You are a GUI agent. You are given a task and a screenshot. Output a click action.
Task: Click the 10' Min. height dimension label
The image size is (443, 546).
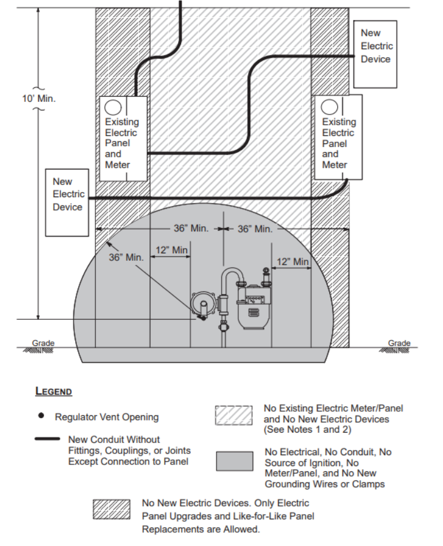click(x=39, y=98)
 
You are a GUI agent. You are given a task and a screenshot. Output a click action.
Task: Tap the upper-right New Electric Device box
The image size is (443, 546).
click(x=376, y=54)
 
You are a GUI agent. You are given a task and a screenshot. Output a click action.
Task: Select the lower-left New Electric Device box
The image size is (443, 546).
click(x=68, y=202)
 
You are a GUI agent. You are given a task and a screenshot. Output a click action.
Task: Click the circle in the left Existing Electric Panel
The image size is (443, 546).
click(x=113, y=107)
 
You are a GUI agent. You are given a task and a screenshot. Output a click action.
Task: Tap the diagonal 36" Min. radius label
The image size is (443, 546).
click(x=126, y=257)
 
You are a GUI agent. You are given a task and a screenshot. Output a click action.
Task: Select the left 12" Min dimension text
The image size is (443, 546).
click(x=172, y=250)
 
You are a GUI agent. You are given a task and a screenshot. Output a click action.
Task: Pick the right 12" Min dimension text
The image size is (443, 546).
click(x=293, y=261)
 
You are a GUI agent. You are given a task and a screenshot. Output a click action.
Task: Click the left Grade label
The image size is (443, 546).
click(x=43, y=343)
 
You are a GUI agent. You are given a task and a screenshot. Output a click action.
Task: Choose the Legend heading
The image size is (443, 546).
click(x=54, y=392)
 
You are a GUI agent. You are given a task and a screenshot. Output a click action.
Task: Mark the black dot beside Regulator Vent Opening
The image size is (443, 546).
click(x=42, y=416)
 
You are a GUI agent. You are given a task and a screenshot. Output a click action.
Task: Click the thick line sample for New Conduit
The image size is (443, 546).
click(x=47, y=439)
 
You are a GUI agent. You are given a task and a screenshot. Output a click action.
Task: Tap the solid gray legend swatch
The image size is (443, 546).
click(x=234, y=460)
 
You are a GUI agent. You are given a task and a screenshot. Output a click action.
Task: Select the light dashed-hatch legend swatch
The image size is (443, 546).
click(x=234, y=415)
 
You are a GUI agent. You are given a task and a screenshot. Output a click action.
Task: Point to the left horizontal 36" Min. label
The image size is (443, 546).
click(x=191, y=228)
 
